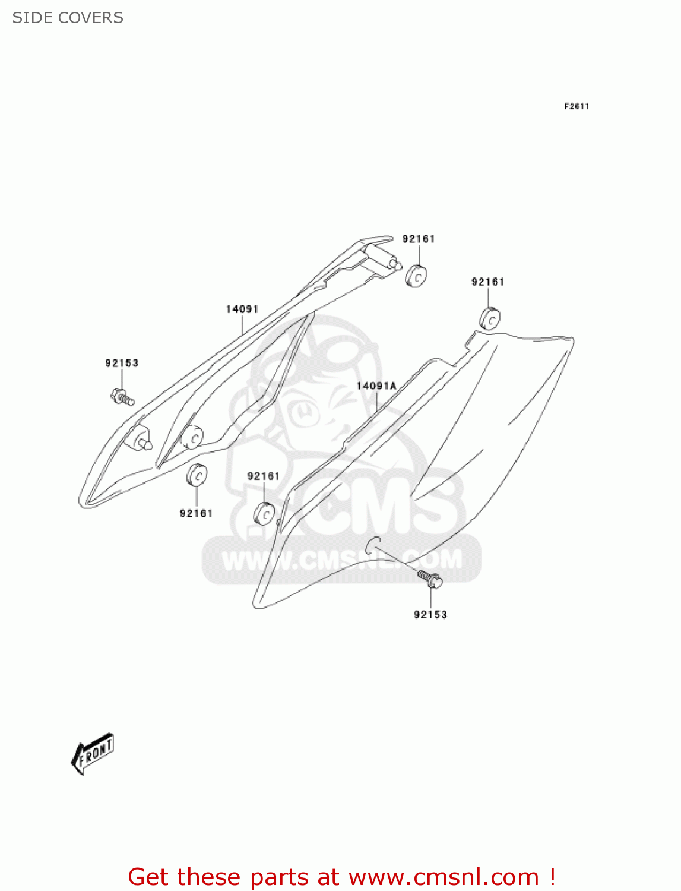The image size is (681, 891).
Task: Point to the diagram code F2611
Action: [576, 106]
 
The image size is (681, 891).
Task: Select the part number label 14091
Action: [242, 309]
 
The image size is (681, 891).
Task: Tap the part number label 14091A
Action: [376, 386]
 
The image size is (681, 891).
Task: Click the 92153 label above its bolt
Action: [122, 363]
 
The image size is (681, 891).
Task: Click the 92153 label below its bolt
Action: [430, 615]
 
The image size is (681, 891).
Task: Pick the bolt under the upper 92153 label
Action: [122, 396]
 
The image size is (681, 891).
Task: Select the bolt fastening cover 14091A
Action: [429, 579]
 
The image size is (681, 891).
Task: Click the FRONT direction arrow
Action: [93, 754]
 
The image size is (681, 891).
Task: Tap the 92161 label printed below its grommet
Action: [196, 513]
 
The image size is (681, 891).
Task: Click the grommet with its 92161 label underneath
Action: [197, 475]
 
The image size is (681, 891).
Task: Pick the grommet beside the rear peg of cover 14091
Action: [416, 276]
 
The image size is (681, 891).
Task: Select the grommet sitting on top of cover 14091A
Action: [489, 319]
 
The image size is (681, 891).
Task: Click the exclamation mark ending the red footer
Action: [552, 877]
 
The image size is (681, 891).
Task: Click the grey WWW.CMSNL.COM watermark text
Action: [341, 560]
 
